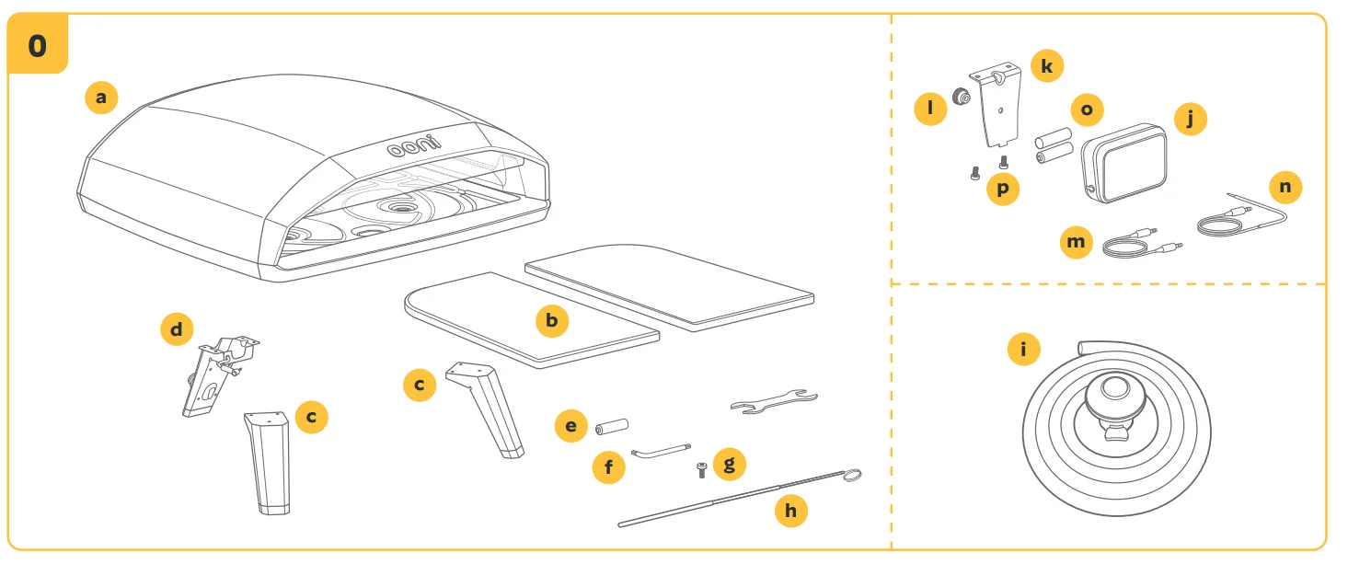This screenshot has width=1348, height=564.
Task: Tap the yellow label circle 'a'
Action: [101, 97]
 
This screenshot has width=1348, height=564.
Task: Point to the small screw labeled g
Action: [701, 470]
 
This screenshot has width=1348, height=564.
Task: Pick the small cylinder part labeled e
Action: [611, 427]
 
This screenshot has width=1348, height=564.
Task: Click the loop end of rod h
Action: [852, 474]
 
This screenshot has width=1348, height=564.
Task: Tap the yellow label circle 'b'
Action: [552, 320]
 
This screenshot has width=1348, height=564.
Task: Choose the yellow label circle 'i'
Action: [1024, 350]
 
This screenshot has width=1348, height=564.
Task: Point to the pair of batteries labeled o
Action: [1054, 147]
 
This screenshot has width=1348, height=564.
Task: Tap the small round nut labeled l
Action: [961, 96]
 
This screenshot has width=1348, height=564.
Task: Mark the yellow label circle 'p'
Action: [1003, 189]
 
